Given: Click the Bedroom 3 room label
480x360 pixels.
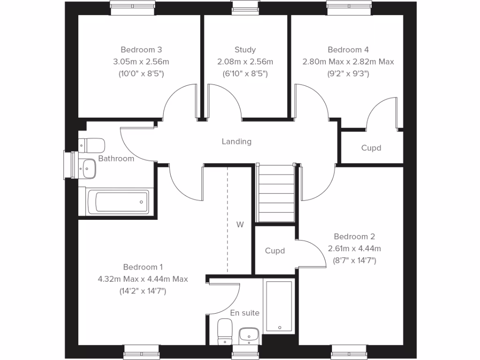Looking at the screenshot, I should pyautogui.click(x=141, y=50).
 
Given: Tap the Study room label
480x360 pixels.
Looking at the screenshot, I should pyautogui.click(x=245, y=50).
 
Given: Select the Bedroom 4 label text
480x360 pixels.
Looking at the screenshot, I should pyautogui.click(x=348, y=50).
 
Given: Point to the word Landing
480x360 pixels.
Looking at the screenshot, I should pyautogui.click(x=237, y=141).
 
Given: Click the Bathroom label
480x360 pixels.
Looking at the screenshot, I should pyautogui.click(x=116, y=158).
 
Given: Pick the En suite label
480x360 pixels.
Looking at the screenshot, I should pyautogui.click(x=245, y=313).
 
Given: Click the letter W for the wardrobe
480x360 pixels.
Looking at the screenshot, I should pyautogui.click(x=240, y=225).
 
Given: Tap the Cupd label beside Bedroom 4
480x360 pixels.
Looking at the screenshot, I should pyautogui.click(x=371, y=148).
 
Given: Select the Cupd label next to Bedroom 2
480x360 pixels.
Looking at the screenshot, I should pyautogui.click(x=275, y=251).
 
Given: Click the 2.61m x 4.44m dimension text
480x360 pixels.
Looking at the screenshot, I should pyautogui.click(x=354, y=248).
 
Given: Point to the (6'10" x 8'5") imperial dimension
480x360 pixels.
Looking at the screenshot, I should pyautogui.click(x=245, y=74).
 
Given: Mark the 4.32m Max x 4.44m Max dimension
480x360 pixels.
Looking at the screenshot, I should pyautogui.click(x=142, y=279).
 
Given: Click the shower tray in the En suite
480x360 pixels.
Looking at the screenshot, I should pyautogui.click(x=279, y=306).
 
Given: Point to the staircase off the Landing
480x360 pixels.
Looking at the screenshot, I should pyautogui.click(x=277, y=194).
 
